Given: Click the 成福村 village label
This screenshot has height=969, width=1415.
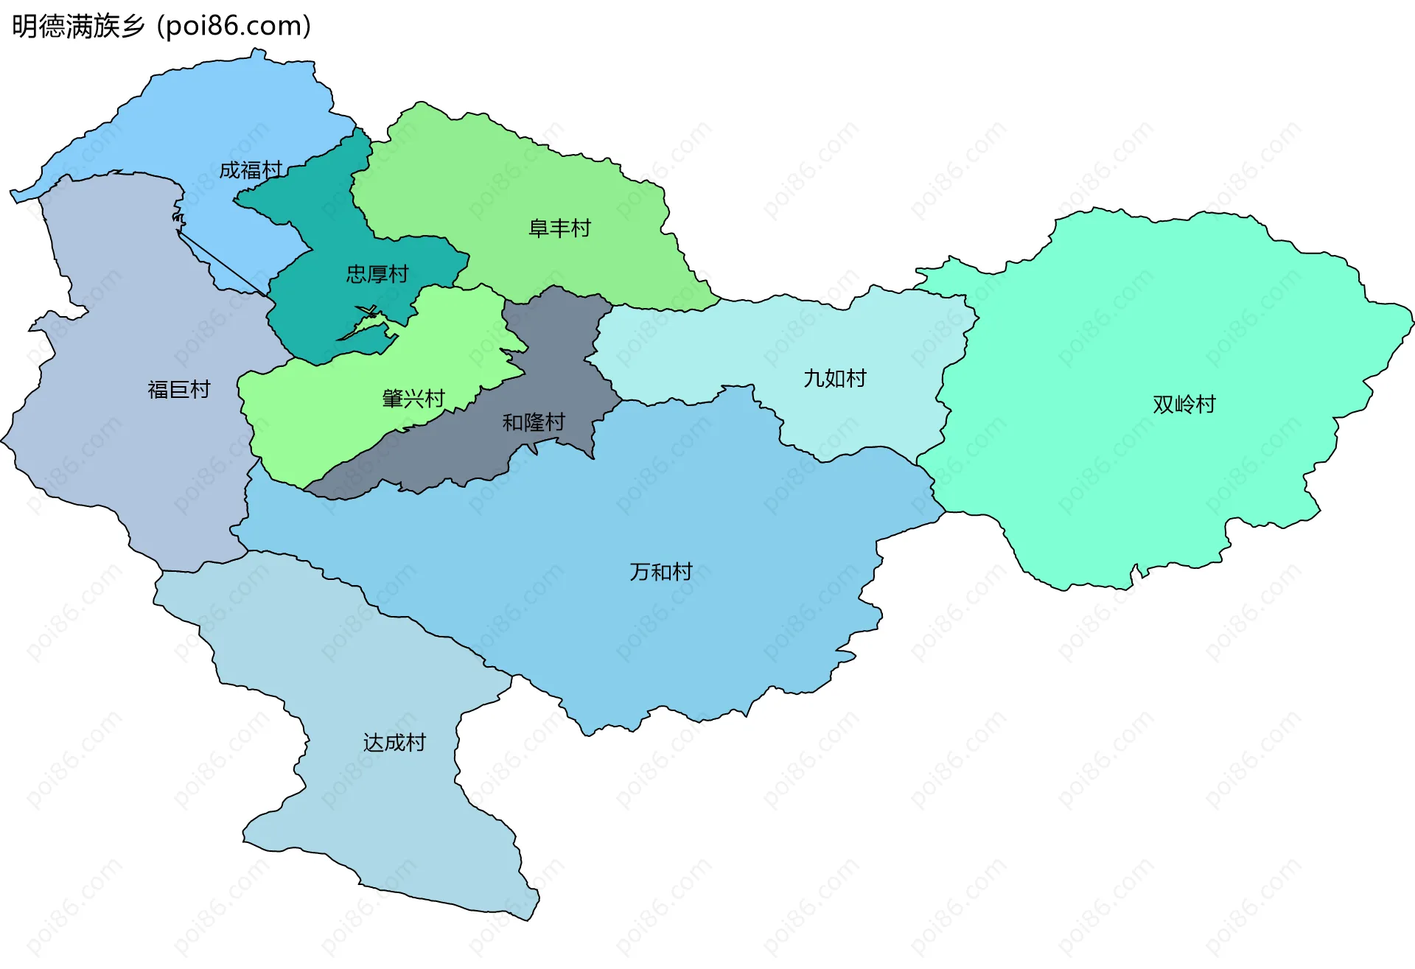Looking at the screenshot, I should pyautogui.click(x=251, y=170).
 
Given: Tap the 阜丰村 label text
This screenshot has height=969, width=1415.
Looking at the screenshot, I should pyautogui.click(x=559, y=228).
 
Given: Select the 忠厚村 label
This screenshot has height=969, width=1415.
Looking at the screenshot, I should pyautogui.click(x=377, y=274).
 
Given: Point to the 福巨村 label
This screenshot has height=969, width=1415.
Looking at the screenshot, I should pyautogui.click(x=179, y=389).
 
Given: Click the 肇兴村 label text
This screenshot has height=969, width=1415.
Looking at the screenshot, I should pyautogui.click(x=413, y=399).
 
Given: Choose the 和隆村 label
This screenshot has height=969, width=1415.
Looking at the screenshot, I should pyautogui.click(x=534, y=422).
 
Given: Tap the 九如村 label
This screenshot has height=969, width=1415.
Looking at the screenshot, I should pyautogui.click(x=834, y=378).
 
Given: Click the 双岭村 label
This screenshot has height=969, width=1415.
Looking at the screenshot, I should pyautogui.click(x=1184, y=404).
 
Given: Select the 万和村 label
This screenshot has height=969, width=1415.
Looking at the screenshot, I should pyautogui.click(x=660, y=571).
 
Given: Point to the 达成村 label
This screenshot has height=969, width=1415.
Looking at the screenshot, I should pyautogui.click(x=394, y=742).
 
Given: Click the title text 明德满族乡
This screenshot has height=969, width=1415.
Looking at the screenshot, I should pyautogui.click(x=78, y=27).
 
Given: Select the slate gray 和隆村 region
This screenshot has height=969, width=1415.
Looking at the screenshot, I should pyautogui.click(x=560, y=346).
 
